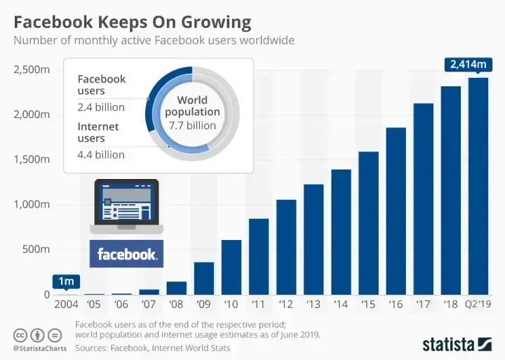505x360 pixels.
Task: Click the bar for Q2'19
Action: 478,186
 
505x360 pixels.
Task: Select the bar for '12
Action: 286,247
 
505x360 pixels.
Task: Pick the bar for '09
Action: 204,278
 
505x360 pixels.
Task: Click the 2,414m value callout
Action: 466,65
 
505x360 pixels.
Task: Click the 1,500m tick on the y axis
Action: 30,159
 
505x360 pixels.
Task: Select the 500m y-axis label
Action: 34,249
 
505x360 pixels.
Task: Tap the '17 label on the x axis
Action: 424,305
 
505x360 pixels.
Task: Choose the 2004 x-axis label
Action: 67,305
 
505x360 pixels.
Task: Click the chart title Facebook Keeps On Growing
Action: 132,22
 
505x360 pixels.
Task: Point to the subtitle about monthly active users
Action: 154,40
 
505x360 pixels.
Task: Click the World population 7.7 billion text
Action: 192,113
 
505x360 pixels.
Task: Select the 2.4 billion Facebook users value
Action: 101,107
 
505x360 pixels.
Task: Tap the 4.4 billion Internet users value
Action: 101,154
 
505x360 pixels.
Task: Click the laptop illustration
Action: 126,206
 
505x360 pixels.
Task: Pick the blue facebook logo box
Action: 127,254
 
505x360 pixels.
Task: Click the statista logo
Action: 457,344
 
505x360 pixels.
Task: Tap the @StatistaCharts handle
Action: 39,348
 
